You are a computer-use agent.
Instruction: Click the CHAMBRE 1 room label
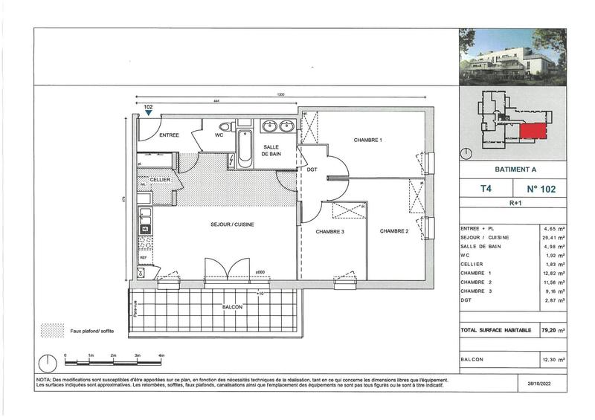367,140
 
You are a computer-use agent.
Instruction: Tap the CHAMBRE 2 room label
394,231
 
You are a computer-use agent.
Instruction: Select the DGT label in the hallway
312,169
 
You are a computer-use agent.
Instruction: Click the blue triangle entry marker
148,114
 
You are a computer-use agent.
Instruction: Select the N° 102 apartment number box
541,189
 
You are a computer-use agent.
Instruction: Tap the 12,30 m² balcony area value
552,360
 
